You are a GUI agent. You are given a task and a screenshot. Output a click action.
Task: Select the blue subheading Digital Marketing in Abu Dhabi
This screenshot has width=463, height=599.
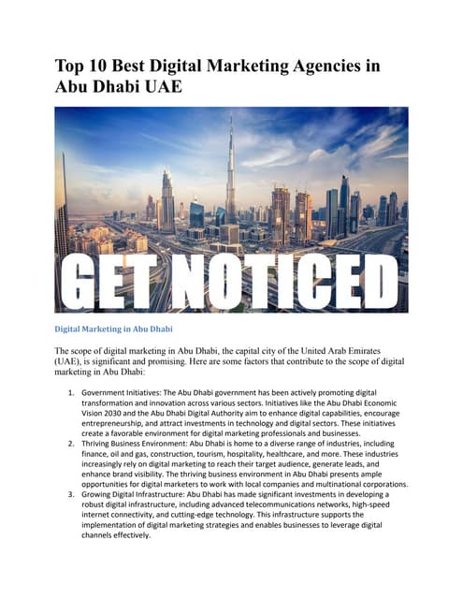coord(113,329)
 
